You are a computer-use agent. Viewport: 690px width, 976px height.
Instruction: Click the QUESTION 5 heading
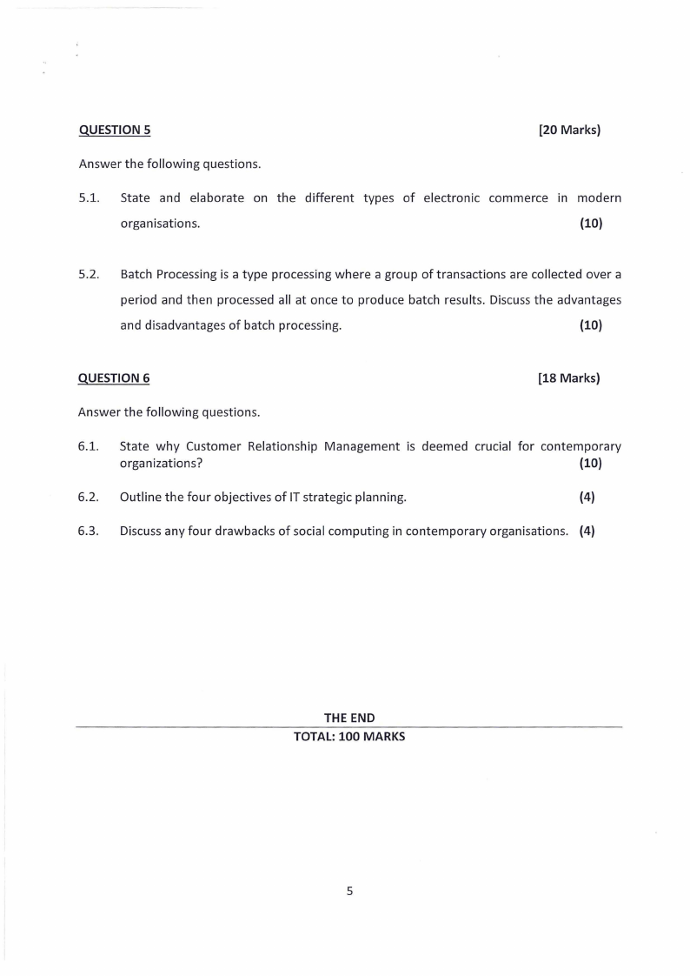[115, 130]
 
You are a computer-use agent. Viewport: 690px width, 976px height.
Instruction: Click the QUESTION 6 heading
[114, 378]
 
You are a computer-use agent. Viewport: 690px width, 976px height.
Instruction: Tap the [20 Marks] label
[569, 130]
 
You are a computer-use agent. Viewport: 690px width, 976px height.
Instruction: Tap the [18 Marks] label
[569, 378]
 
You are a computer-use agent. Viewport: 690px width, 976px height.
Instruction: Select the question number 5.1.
[89, 198]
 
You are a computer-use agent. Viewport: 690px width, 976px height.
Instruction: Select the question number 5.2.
[89, 275]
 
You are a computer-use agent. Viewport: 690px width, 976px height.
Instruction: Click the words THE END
[349, 718]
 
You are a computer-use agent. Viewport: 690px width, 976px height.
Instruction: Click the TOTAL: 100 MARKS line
[349, 736]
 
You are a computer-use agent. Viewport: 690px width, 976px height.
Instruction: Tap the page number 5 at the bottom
[349, 891]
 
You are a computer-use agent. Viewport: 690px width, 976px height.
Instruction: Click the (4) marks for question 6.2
[587, 498]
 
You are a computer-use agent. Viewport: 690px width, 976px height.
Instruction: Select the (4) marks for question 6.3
[587, 531]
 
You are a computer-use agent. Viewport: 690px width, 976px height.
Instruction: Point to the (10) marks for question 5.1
[590, 224]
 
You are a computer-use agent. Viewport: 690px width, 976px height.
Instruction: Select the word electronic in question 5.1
[451, 198]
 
